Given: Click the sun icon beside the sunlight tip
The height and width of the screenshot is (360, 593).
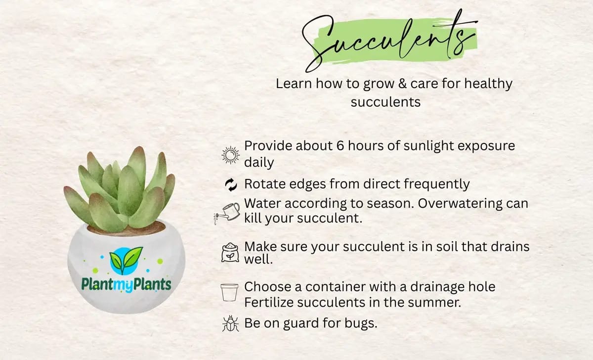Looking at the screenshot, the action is coord(231,155).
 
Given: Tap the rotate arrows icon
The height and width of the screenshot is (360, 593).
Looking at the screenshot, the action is coord(231,184).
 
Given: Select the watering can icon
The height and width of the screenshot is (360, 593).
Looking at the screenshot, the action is coord(227,214).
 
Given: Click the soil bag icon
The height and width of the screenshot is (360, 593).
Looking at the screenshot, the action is coord(230,253).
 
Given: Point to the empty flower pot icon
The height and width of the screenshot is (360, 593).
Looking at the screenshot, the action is coord(229,292).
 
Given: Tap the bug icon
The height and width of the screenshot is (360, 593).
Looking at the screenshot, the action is coord(230,323).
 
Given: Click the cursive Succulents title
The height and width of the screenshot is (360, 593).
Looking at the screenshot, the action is coord(390,40).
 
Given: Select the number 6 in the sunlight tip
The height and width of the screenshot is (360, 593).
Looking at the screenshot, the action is coord(340,146).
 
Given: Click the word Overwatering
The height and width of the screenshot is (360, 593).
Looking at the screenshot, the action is coord(460,203).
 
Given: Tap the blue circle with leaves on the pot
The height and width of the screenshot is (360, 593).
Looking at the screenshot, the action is coord(125,261).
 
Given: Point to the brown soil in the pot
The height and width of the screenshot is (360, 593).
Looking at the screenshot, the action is coord(127,229).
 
